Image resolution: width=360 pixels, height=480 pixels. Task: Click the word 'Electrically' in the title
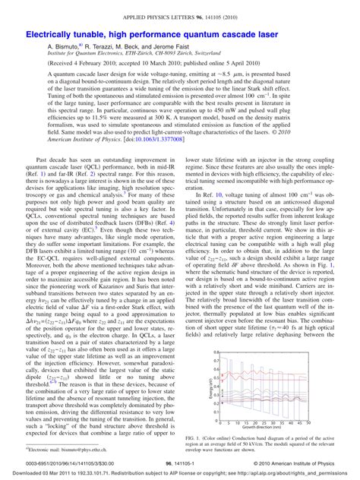tap(54, 35)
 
